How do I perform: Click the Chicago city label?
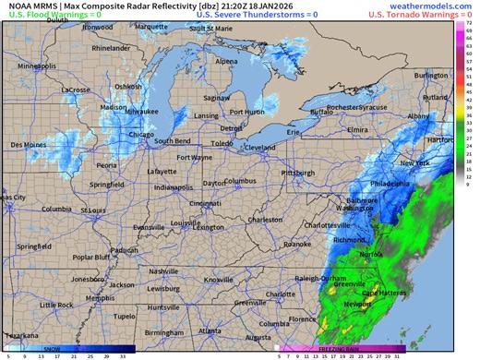tap(141, 134)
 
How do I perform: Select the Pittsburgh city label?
tap(297, 172)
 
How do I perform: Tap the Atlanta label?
tap(209, 330)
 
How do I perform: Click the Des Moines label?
tap(29, 145)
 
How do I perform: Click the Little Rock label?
tap(56, 305)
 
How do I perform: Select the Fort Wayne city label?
tap(195, 158)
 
